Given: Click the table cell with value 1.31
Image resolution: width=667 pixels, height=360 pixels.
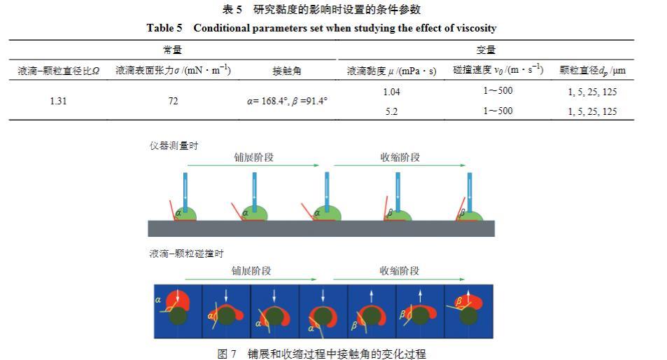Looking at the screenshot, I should click(59, 101).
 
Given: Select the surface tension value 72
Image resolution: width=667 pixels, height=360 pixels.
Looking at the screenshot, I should click(173, 101).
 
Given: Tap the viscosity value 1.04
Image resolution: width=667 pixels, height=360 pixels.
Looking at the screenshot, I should click(392, 92).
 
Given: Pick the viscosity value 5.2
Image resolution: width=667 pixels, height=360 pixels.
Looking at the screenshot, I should click(392, 111).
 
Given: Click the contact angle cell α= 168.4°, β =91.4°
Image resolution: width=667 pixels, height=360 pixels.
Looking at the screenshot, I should click(287, 101).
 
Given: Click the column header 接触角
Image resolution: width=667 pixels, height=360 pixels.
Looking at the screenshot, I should click(287, 71).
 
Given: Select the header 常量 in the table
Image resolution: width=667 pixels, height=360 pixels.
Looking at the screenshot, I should click(173, 50).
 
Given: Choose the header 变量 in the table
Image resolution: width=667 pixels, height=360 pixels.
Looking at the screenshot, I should click(486, 50).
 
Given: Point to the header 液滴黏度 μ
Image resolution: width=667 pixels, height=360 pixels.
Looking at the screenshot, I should click(392, 71).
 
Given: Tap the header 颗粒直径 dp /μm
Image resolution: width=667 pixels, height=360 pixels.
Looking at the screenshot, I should click(592, 71).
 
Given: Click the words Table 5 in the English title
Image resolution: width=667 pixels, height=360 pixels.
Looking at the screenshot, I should click(164, 28).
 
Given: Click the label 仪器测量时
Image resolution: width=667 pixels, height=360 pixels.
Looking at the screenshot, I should click(174, 146).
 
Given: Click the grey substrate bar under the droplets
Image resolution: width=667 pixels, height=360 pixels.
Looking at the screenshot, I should click(321, 228).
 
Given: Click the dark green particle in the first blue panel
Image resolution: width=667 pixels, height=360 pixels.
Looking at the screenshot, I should click(178, 316).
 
